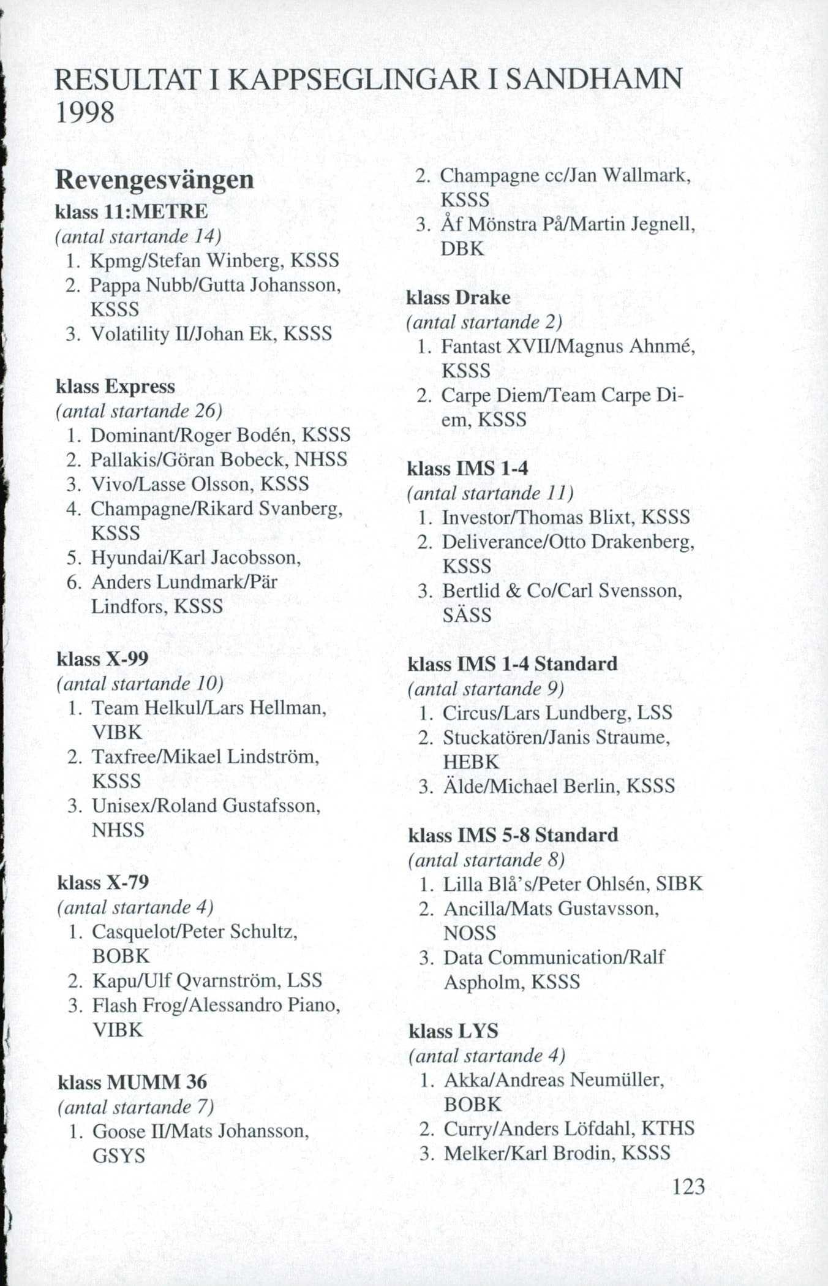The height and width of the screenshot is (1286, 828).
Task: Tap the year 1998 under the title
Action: [x=85, y=113]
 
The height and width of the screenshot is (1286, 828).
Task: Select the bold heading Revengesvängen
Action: [x=154, y=180]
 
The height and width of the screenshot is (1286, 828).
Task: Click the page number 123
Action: [x=688, y=1187]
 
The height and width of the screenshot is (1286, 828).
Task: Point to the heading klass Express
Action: [x=116, y=387]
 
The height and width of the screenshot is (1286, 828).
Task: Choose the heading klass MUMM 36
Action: [x=132, y=1082]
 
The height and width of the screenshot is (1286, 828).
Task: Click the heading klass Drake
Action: [x=459, y=298]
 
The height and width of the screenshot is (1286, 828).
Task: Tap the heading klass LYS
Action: [x=453, y=1031]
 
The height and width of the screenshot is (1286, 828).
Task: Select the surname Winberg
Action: [x=245, y=261]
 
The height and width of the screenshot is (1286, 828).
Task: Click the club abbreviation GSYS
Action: [x=119, y=1156]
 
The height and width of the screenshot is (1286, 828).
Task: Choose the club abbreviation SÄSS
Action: [x=467, y=615]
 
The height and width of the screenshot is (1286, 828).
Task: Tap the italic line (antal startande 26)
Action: [x=139, y=411]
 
